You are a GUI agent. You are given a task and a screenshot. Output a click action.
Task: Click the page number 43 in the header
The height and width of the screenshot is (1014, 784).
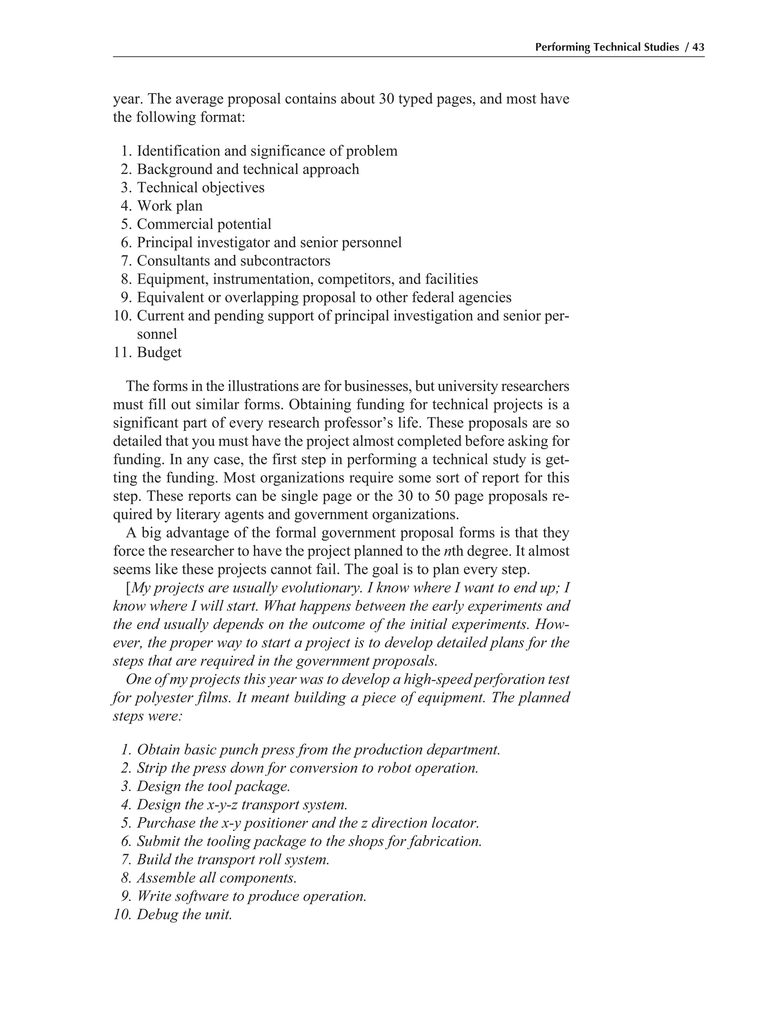point(698,47)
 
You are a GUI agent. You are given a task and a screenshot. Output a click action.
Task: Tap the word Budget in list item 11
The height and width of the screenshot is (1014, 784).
point(159,352)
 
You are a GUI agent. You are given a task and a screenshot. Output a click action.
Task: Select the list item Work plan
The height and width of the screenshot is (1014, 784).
point(170,206)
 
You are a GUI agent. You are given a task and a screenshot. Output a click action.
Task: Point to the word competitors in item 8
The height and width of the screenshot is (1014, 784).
point(356,279)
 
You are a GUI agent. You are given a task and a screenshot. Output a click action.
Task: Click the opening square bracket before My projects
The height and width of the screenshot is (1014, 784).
point(128,588)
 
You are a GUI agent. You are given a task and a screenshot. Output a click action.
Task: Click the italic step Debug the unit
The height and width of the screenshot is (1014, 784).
point(184,915)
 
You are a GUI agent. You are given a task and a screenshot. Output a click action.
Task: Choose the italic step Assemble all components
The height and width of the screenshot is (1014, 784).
point(216,878)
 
